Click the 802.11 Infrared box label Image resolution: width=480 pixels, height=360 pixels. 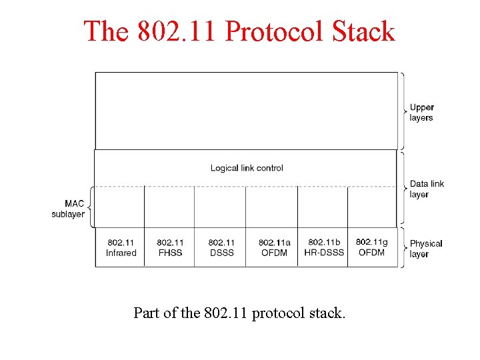point(121,247)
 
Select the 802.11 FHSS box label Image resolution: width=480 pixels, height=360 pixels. point(170,247)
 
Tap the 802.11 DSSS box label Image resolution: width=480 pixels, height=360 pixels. point(221,247)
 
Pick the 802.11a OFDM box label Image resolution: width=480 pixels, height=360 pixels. point(274,247)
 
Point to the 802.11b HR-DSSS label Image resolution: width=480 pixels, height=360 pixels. point(324,247)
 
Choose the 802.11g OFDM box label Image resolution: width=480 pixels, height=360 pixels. point(371,247)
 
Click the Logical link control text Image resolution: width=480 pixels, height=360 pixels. point(247,168)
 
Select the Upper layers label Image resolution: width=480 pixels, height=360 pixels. point(421,112)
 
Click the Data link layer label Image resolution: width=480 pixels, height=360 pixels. point(427,189)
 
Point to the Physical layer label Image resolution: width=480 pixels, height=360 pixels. point(425,249)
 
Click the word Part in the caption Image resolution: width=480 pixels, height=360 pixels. point(145,313)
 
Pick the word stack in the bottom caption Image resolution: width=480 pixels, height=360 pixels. point(327,313)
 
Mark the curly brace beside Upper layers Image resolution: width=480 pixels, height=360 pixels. point(401,111)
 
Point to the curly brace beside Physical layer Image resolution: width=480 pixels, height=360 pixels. point(401,247)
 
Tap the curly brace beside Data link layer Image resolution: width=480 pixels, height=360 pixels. point(401,189)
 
